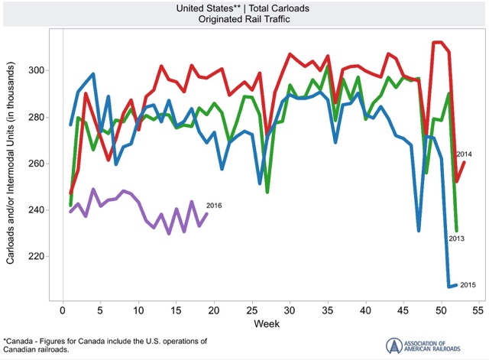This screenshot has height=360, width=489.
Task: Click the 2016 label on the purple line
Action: tap(213, 205)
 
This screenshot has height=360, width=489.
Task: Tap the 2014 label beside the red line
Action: tap(465, 154)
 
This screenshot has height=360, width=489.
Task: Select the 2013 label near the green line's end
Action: tap(457, 239)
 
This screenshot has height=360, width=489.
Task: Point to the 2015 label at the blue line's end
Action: tap(469, 285)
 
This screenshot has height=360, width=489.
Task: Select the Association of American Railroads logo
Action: tap(423, 345)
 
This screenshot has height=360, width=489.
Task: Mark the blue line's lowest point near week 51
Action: tap(449, 287)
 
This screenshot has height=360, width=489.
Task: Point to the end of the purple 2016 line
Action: tap(206, 214)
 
